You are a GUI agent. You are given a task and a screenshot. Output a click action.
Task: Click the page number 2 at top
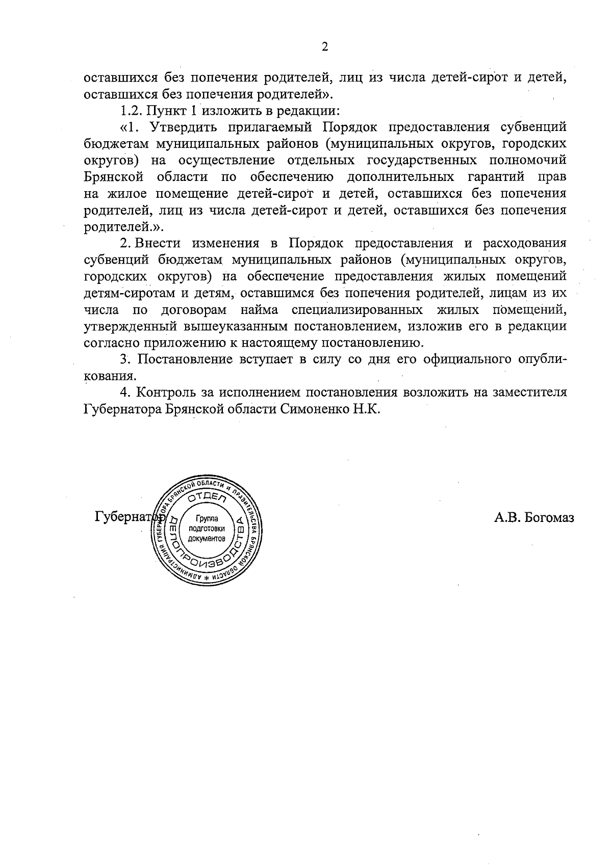tap(324, 47)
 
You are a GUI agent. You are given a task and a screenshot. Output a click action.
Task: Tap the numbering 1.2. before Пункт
tap(132, 110)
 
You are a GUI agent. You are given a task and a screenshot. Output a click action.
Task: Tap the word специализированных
tap(358, 309)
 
